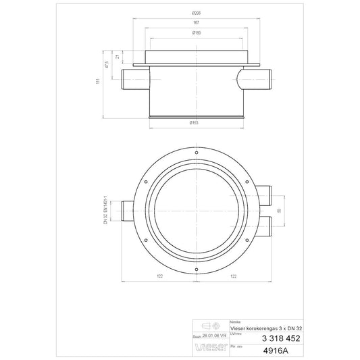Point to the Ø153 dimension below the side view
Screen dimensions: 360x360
coord(195,123)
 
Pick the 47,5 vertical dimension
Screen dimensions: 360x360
coord(107,66)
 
